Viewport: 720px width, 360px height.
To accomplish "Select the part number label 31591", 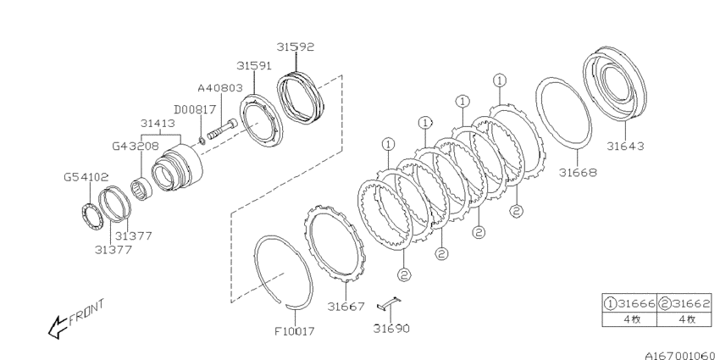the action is [254, 66].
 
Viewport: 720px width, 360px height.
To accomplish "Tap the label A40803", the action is [220, 88].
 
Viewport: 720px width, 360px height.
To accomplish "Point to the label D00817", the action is [195, 110].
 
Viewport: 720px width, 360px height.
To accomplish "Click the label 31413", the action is [158, 124].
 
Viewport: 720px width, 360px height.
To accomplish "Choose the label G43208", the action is [136, 146].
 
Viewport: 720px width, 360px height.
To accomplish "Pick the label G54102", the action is [86, 177].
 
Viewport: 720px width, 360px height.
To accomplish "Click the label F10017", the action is [294, 330].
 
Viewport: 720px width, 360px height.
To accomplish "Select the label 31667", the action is [346, 306].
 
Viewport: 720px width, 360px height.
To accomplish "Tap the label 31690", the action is [390, 329].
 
